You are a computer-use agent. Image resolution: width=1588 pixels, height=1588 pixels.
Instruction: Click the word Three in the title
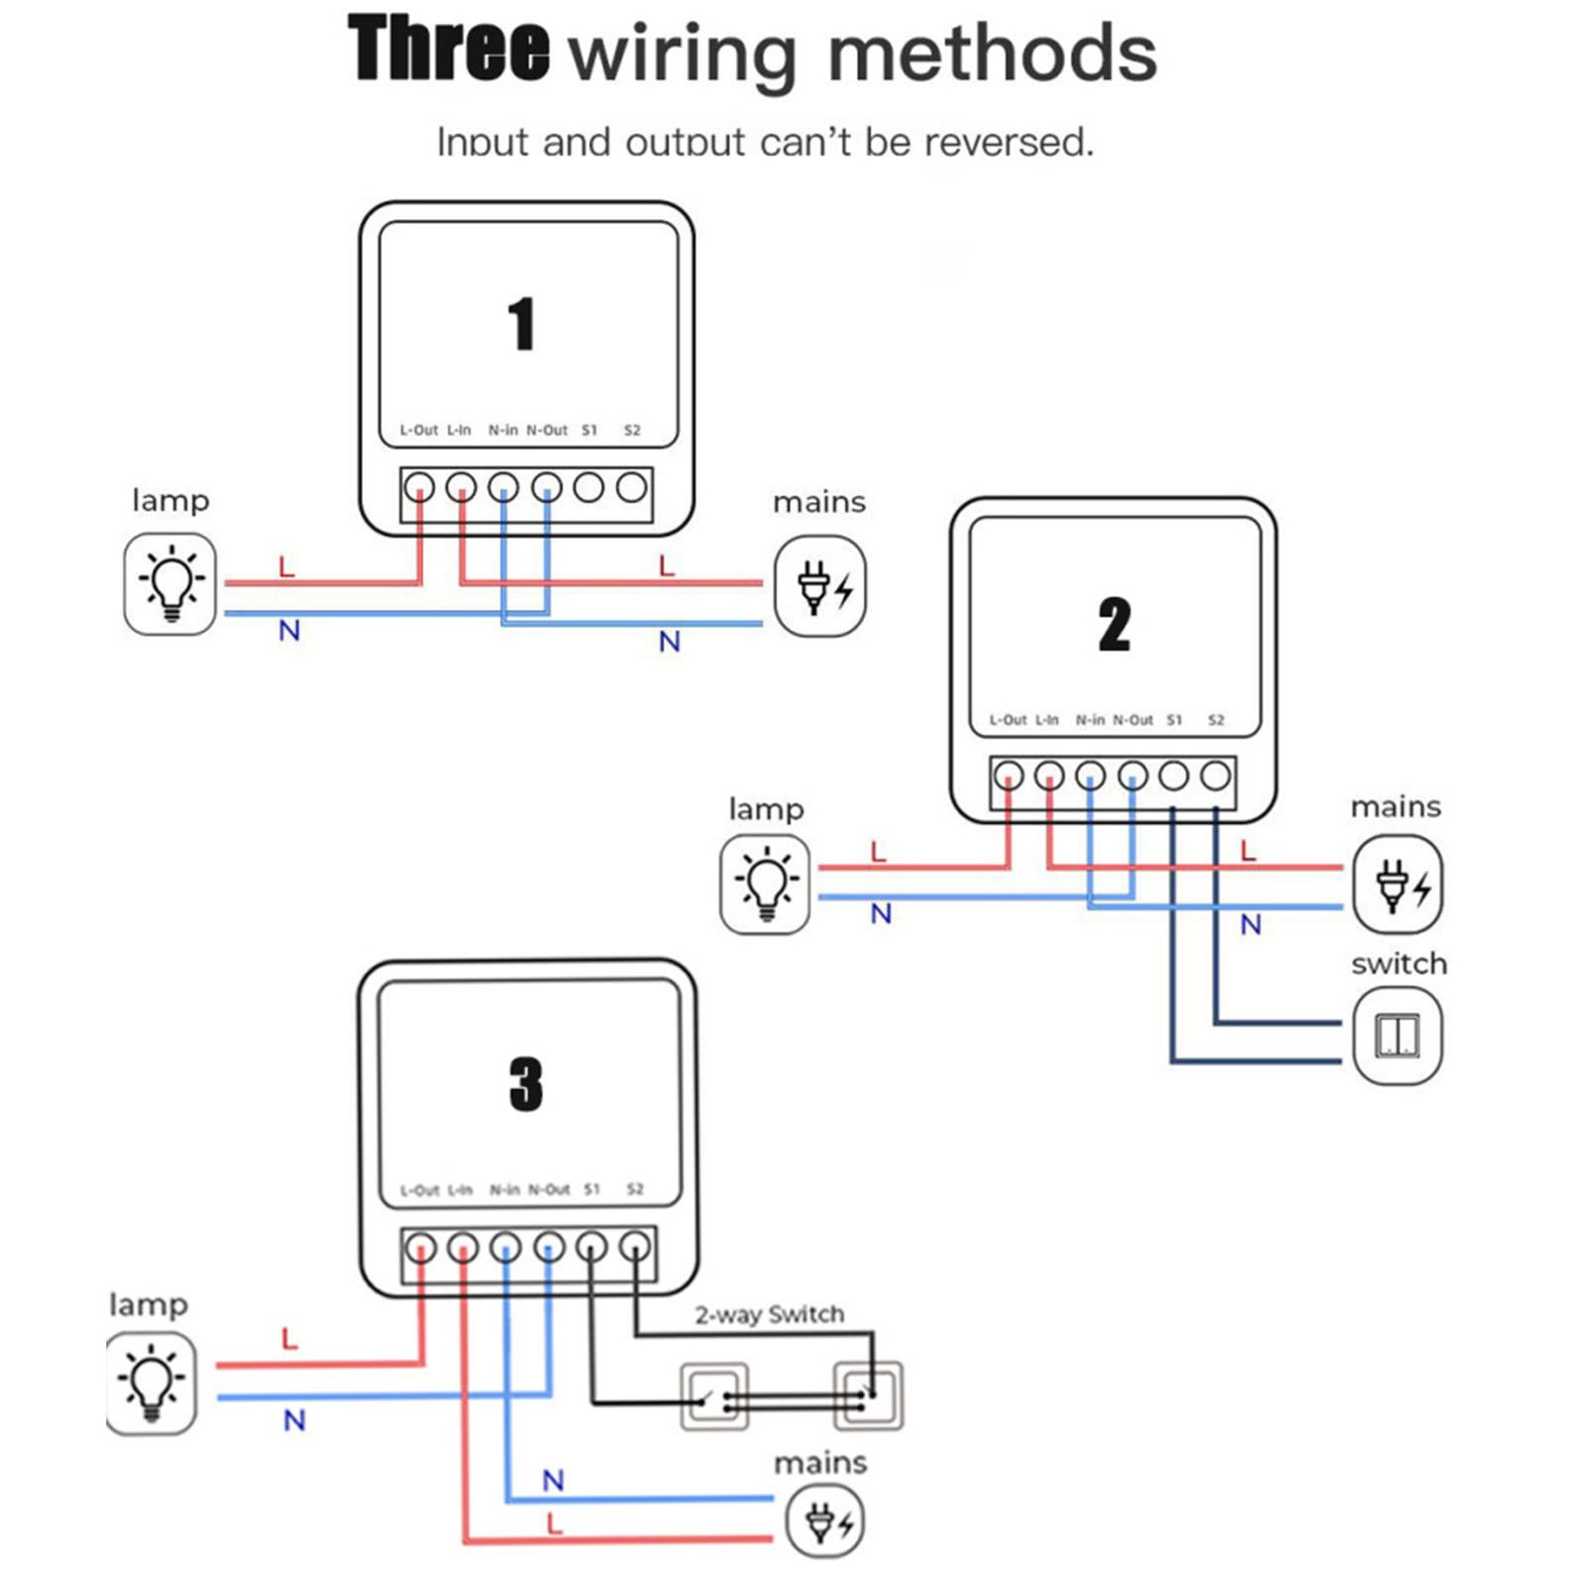pos(448,50)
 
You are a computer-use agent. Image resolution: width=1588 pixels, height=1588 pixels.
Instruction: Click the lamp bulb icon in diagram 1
pos(171,583)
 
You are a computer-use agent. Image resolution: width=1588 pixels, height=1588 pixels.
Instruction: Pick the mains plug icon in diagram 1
pos(820,586)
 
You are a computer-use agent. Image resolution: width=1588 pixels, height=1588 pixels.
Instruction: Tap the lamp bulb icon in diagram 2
pos(765,884)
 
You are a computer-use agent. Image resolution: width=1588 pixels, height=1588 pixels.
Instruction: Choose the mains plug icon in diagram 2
pos(1398,884)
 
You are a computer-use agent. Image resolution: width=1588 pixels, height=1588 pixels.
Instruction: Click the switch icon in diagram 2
pos(1397,1037)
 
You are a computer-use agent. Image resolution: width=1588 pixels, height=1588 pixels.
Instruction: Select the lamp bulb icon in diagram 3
pos(151,1383)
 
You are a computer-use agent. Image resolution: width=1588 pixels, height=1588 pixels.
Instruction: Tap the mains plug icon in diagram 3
pos(824,1523)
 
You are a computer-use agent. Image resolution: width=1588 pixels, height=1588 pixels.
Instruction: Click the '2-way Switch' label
pos(769,1314)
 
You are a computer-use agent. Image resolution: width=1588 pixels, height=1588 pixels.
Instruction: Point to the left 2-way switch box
pos(714,1397)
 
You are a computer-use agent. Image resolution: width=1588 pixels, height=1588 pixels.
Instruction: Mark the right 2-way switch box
pos(868,1396)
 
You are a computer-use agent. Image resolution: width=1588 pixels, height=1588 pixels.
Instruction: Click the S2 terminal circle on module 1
pos(632,488)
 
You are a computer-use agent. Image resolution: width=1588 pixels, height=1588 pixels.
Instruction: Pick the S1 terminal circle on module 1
pos(589,488)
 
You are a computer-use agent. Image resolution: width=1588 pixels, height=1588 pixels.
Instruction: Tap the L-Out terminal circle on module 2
pos(1009,776)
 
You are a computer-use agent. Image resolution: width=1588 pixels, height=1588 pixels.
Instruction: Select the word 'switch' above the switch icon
pos(1399,964)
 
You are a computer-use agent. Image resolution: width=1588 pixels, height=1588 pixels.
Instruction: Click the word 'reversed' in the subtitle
pos(1008,143)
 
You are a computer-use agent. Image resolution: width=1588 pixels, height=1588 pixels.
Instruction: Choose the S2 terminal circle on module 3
pos(635,1247)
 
